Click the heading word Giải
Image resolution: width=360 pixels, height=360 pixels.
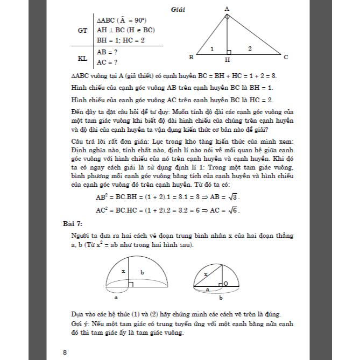point(178,9)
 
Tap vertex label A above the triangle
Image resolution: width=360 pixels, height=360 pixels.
point(227,9)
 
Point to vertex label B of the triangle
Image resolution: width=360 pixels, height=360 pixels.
point(192,57)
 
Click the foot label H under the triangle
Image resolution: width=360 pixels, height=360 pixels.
point(228,60)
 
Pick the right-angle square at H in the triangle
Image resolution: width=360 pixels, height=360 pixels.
point(229,52)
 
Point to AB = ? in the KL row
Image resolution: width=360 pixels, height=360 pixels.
point(108,52)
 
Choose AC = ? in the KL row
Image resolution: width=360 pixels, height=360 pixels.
point(108,62)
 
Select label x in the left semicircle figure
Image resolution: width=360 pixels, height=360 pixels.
point(123,271)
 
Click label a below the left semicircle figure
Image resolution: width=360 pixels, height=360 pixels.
point(116,297)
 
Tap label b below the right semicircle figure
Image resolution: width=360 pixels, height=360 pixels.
point(221,297)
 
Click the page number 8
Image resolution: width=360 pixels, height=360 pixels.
point(65,352)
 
